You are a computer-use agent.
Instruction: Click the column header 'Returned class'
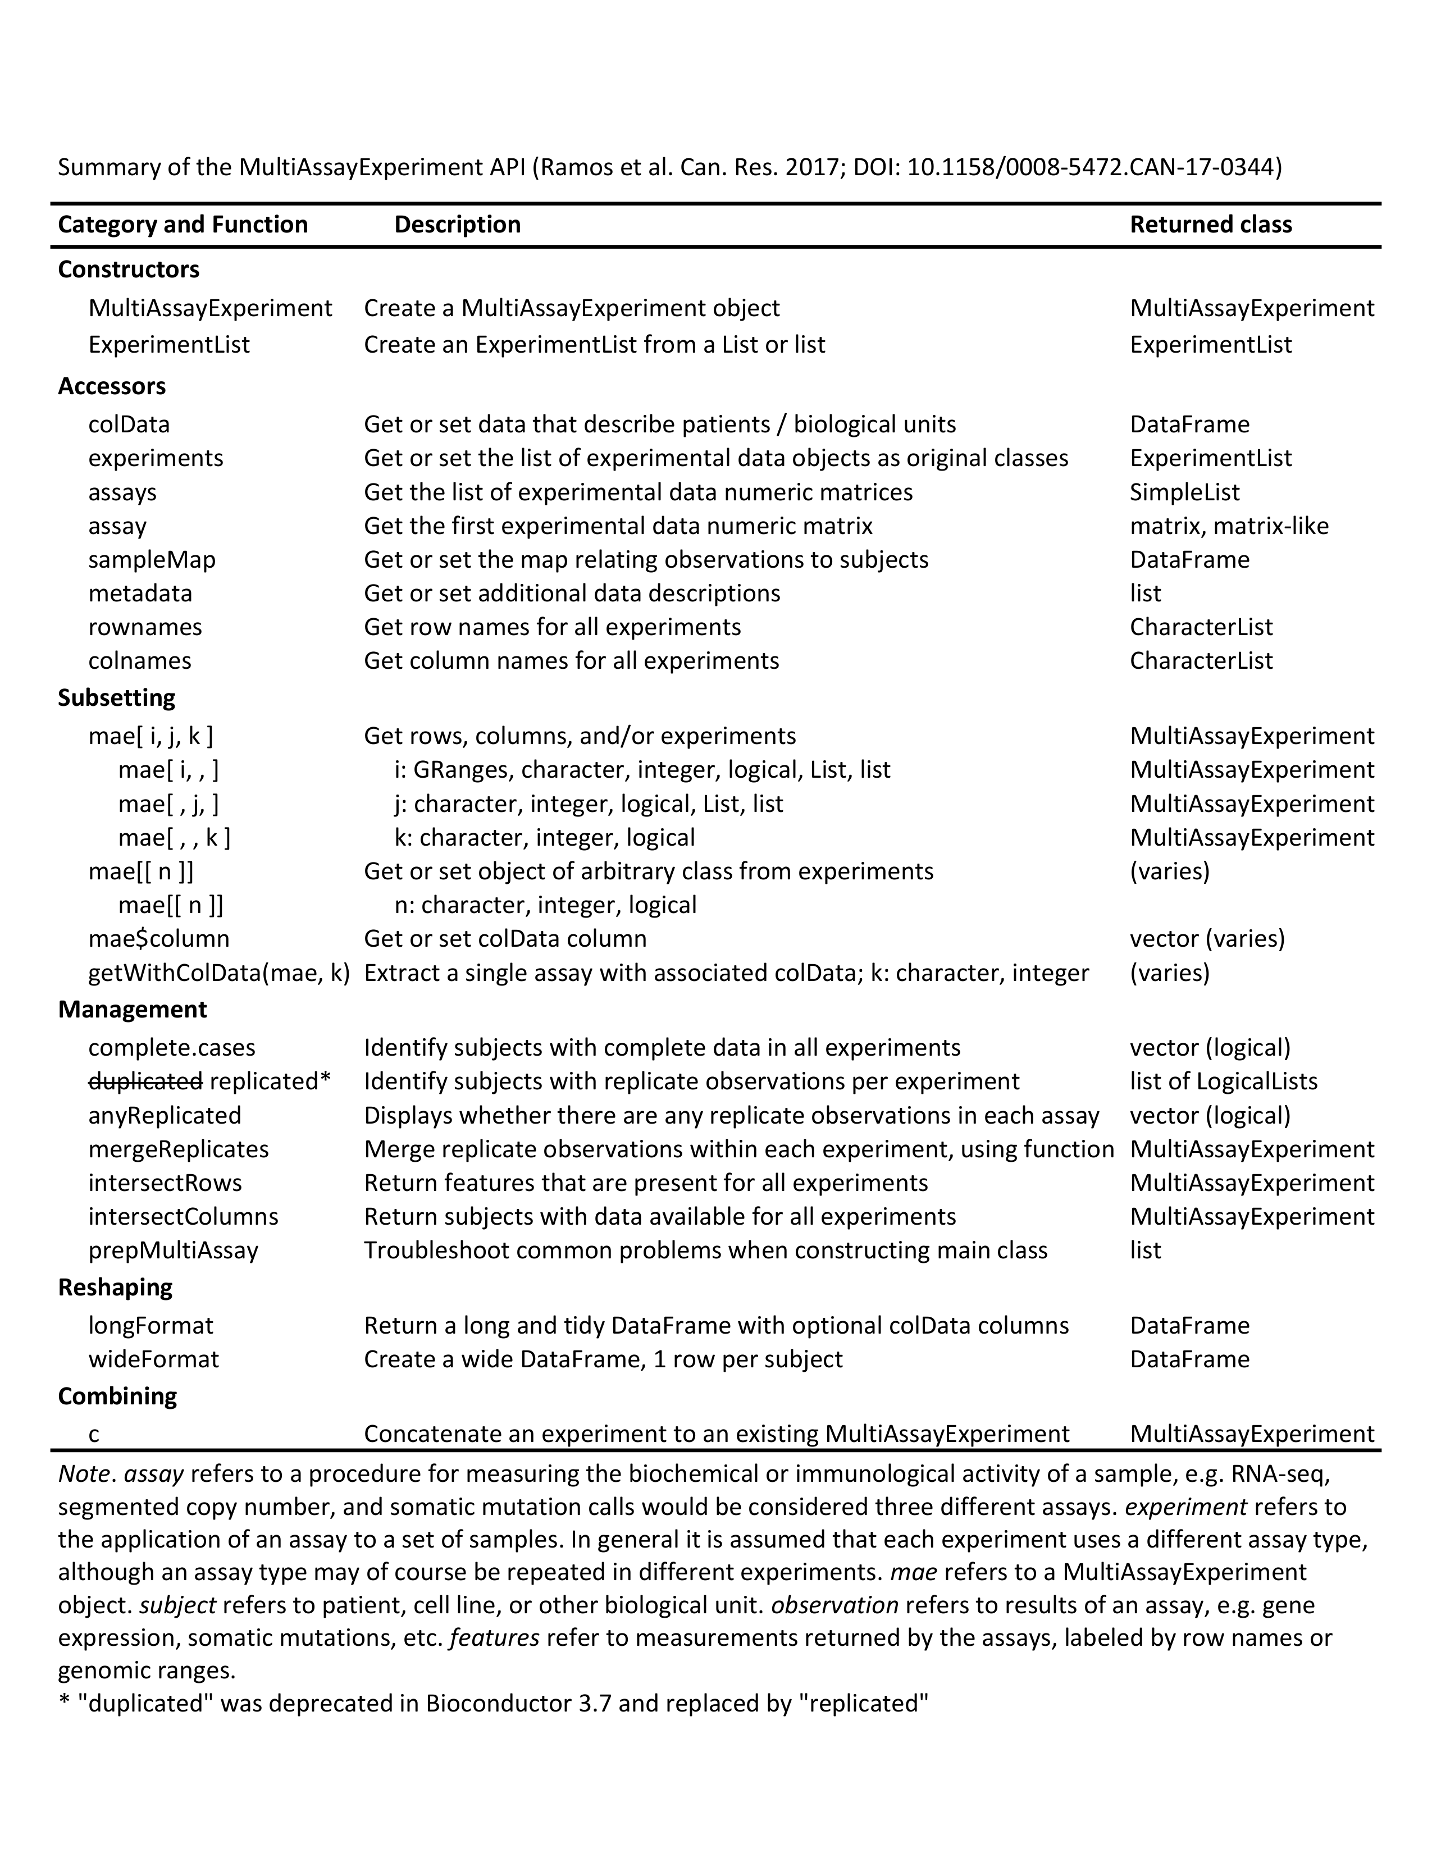(x=1211, y=225)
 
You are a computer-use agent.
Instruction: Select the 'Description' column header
(x=457, y=225)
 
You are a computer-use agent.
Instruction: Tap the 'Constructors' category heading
(x=128, y=270)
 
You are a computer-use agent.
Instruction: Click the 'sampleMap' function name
(x=152, y=560)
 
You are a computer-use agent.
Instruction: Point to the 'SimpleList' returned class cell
(x=1184, y=492)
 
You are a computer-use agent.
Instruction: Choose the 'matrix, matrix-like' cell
(x=1228, y=526)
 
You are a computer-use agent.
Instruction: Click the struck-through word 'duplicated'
(x=145, y=1082)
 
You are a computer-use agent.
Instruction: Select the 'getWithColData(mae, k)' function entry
(x=219, y=973)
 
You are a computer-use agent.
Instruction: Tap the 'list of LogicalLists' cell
(x=1223, y=1082)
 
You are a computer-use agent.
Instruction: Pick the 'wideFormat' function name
(x=153, y=1359)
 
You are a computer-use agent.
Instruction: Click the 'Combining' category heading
(x=117, y=1396)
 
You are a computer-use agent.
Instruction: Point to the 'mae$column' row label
(x=158, y=939)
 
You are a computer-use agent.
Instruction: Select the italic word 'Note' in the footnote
(x=83, y=1475)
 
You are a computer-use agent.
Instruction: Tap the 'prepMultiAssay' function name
(x=173, y=1250)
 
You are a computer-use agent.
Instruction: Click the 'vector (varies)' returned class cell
(x=1206, y=939)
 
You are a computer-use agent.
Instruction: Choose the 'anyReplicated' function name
(x=165, y=1116)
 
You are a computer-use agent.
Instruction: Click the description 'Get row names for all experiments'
(x=552, y=627)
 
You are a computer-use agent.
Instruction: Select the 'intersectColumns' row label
(x=183, y=1217)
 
